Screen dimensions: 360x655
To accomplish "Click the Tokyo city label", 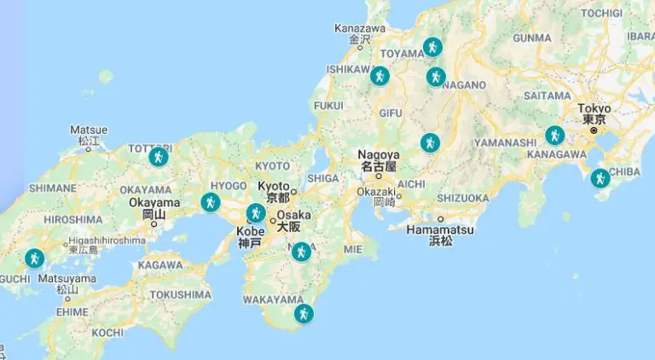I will coord(594,108).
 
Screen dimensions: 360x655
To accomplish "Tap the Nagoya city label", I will coord(379,155).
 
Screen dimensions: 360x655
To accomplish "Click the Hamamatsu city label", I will coord(440,230).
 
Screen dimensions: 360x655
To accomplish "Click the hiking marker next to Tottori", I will coord(159,156).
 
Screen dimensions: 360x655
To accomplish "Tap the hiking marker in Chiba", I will coord(600,178).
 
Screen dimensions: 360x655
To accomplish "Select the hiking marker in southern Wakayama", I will coord(304,314).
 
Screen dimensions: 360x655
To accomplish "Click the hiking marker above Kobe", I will coord(256,213).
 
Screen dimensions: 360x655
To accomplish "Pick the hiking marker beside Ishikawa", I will coord(380,76).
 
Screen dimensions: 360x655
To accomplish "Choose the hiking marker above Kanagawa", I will coord(555,135).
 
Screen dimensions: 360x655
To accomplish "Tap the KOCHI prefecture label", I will coord(107,332).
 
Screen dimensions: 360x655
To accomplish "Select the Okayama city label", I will coord(154,203).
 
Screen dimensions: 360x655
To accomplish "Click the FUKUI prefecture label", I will coord(328,106).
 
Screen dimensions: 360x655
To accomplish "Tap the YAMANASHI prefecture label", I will coord(501,141).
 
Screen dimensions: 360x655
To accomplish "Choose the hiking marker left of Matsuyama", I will coord(34,258).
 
